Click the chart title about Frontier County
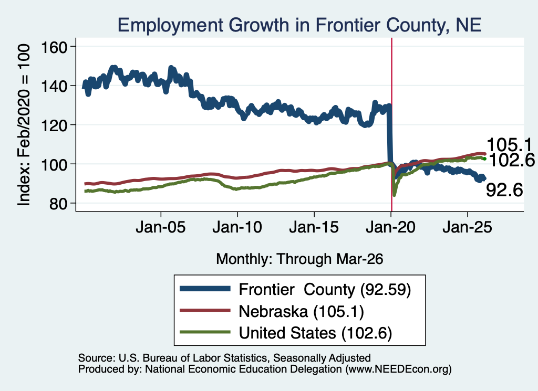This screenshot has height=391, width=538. (299, 25)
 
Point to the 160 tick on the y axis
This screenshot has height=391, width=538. (54, 47)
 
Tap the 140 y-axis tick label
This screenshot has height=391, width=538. (54, 86)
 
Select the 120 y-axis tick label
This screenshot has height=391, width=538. (54, 125)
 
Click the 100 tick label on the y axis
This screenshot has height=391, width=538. (54, 164)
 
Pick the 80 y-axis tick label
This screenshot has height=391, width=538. (58, 204)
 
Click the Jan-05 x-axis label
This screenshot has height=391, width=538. (161, 227)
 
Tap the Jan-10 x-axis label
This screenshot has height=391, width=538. (237, 227)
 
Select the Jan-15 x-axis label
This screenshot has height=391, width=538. (314, 227)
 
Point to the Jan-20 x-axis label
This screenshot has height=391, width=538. (391, 227)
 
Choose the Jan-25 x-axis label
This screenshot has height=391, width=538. (467, 227)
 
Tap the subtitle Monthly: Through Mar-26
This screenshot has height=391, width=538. (299, 259)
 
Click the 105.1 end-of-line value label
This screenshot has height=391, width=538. (509, 145)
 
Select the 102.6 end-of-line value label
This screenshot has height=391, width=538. (511, 160)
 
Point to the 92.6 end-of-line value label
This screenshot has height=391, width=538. (504, 190)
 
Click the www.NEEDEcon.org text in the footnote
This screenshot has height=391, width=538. (398, 369)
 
